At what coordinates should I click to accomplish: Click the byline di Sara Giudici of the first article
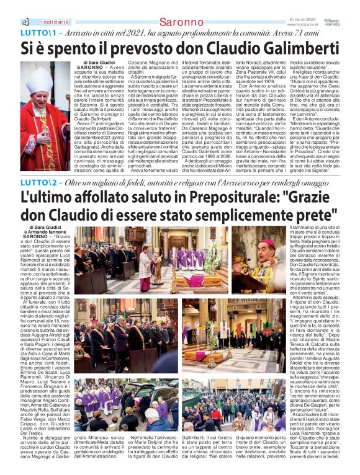click(100, 63)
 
